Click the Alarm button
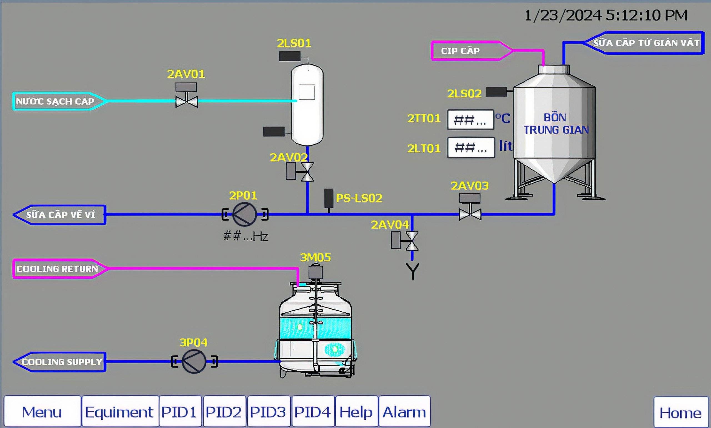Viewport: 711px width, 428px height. [x=404, y=411]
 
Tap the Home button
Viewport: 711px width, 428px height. [x=680, y=412]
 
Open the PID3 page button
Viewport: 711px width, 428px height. [x=268, y=411]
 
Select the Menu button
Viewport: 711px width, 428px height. [x=42, y=411]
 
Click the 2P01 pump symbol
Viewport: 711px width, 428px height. [x=245, y=214]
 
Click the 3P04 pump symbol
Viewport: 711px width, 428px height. [x=194, y=361]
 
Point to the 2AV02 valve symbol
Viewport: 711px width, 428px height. [x=301, y=172]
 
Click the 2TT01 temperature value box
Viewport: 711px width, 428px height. [x=470, y=120]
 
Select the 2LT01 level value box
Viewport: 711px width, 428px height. [x=471, y=148]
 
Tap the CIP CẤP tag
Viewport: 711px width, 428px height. [x=471, y=51]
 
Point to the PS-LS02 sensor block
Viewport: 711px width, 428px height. [x=329, y=198]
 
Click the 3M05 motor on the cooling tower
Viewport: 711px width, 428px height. [x=315, y=272]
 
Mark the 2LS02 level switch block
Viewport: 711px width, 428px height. [x=496, y=92]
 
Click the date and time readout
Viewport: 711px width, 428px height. [x=606, y=15]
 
